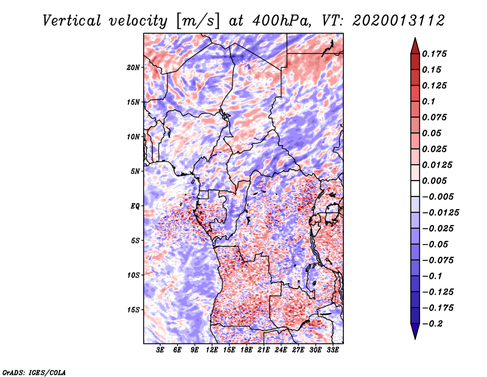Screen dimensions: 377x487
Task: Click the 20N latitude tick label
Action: tap(133, 67)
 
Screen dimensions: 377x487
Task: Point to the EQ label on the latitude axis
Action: tap(135, 206)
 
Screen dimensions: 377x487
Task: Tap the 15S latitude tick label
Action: tap(133, 310)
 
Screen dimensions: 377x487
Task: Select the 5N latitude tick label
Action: tap(135, 171)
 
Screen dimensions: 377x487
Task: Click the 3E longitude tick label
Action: tap(161, 350)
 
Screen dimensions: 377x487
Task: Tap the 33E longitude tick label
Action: tap(332, 350)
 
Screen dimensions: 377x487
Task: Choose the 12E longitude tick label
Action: tap(212, 350)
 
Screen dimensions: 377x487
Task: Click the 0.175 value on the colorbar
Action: tap(436, 54)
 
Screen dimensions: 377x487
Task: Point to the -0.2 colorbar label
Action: tap(434, 324)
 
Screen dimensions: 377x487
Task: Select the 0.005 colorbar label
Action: tap(436, 181)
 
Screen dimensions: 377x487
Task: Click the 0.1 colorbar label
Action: tap(430, 101)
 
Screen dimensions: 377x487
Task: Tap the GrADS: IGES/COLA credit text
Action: tap(34, 372)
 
